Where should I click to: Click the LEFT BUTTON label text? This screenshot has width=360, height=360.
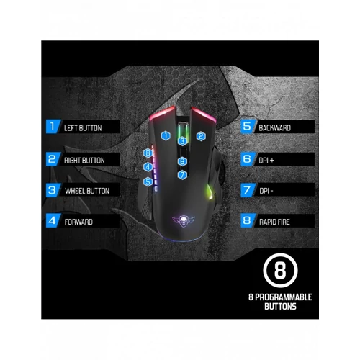(x=83, y=128)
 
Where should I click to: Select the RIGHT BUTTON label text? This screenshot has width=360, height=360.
(x=84, y=161)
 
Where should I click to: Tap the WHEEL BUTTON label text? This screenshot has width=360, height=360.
(x=87, y=191)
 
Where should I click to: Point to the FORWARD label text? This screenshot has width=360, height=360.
(x=78, y=222)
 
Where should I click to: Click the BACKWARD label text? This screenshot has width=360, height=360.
(x=274, y=128)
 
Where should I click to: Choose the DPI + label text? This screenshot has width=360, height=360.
(x=266, y=161)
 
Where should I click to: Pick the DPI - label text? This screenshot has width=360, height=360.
(x=266, y=191)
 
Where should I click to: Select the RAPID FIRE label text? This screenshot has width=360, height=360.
(x=274, y=222)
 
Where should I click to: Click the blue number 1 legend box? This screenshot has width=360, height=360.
(x=53, y=126)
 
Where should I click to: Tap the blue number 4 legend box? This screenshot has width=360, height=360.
(x=53, y=220)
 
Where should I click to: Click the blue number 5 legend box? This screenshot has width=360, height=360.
(x=248, y=126)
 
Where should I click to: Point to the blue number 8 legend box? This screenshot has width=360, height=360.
(x=248, y=220)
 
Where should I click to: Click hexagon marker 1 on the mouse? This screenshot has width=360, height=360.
(x=166, y=136)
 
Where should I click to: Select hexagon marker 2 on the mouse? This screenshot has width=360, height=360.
(x=201, y=136)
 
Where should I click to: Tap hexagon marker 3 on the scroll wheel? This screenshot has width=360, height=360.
(x=182, y=141)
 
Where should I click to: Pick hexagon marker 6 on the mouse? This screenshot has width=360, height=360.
(x=182, y=161)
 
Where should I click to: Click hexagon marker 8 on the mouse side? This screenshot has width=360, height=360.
(x=148, y=153)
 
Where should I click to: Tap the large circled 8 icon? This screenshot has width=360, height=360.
(x=280, y=271)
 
